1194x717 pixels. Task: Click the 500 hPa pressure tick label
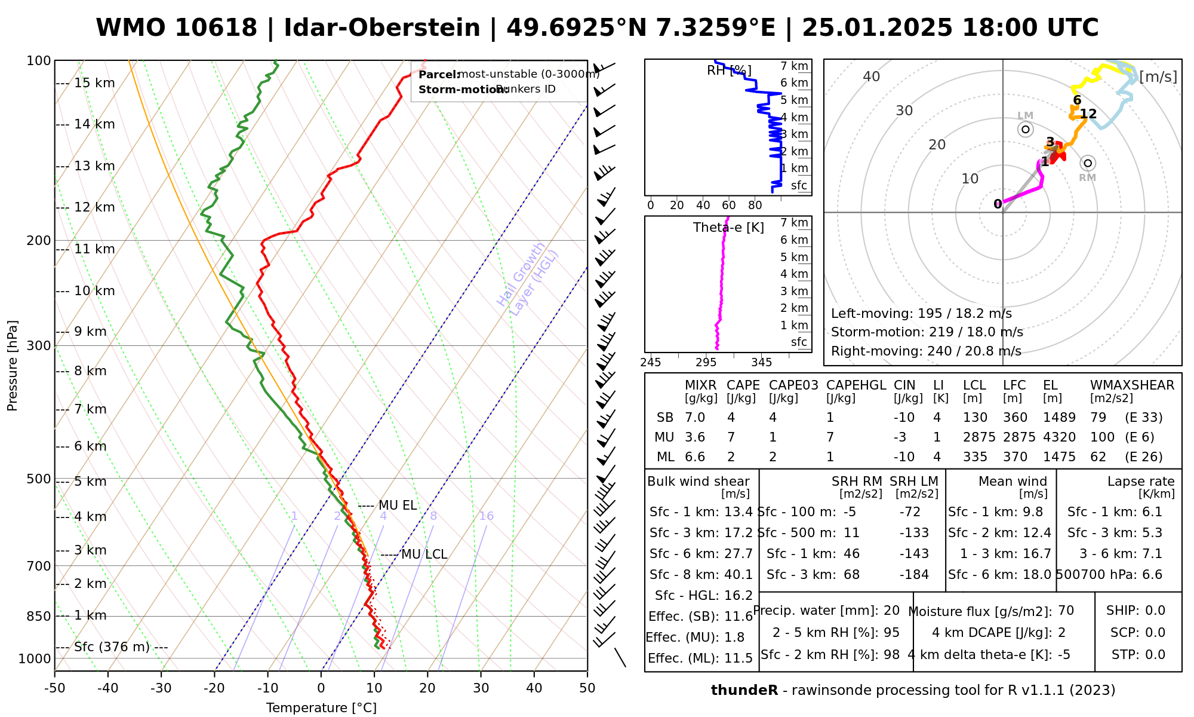click(39, 479)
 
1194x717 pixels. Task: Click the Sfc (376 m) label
click(112, 647)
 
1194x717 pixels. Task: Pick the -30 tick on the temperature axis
click(161, 688)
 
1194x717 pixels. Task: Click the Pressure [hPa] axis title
click(13, 366)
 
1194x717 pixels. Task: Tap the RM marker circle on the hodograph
click(1088, 163)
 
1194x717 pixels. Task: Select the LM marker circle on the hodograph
click(1026, 129)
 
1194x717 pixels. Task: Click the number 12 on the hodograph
click(1088, 114)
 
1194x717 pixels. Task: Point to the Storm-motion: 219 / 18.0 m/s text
click(927, 332)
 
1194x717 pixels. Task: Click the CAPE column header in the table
click(743, 385)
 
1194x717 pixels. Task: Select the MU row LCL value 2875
click(979, 437)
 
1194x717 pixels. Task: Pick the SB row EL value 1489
click(1059, 418)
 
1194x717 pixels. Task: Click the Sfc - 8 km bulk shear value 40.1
click(738, 575)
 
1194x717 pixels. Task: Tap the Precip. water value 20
click(891, 611)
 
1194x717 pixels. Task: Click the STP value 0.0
click(1155, 655)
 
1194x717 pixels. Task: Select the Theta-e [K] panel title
click(728, 228)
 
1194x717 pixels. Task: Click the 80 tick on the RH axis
click(755, 206)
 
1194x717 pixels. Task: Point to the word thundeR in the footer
click(744, 691)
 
